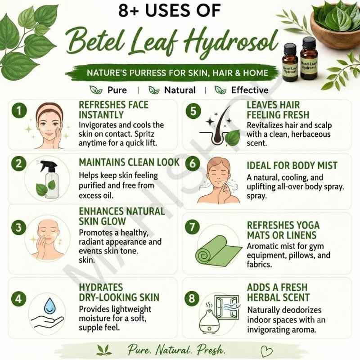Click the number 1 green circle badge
tap(19, 111)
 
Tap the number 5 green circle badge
tap(193, 111)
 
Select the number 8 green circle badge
tap(192, 298)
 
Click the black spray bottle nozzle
tap(48, 166)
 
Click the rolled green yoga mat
tap(218, 251)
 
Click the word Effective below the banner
tap(250, 90)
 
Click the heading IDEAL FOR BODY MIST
tap(292, 166)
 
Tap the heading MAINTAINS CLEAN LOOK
tap(129, 162)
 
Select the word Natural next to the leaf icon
tap(180, 90)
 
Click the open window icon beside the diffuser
tap(227, 307)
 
